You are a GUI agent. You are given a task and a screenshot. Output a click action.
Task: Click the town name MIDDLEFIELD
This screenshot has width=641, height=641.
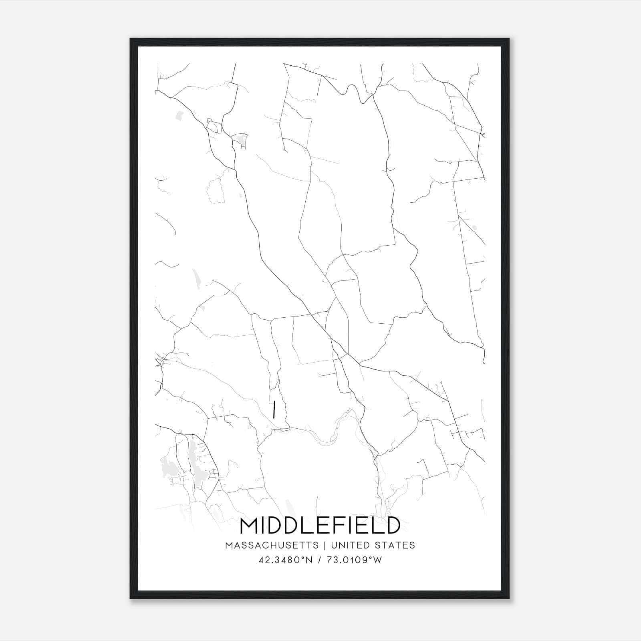click(x=320, y=526)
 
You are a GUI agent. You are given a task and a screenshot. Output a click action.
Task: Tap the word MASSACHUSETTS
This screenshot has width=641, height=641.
click(x=272, y=545)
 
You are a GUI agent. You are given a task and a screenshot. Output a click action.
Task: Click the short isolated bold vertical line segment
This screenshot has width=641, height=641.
click(x=274, y=409)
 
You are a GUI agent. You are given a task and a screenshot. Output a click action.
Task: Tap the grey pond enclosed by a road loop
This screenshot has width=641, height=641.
click(x=241, y=139)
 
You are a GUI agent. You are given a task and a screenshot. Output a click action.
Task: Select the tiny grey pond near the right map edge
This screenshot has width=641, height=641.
click(x=475, y=228)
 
